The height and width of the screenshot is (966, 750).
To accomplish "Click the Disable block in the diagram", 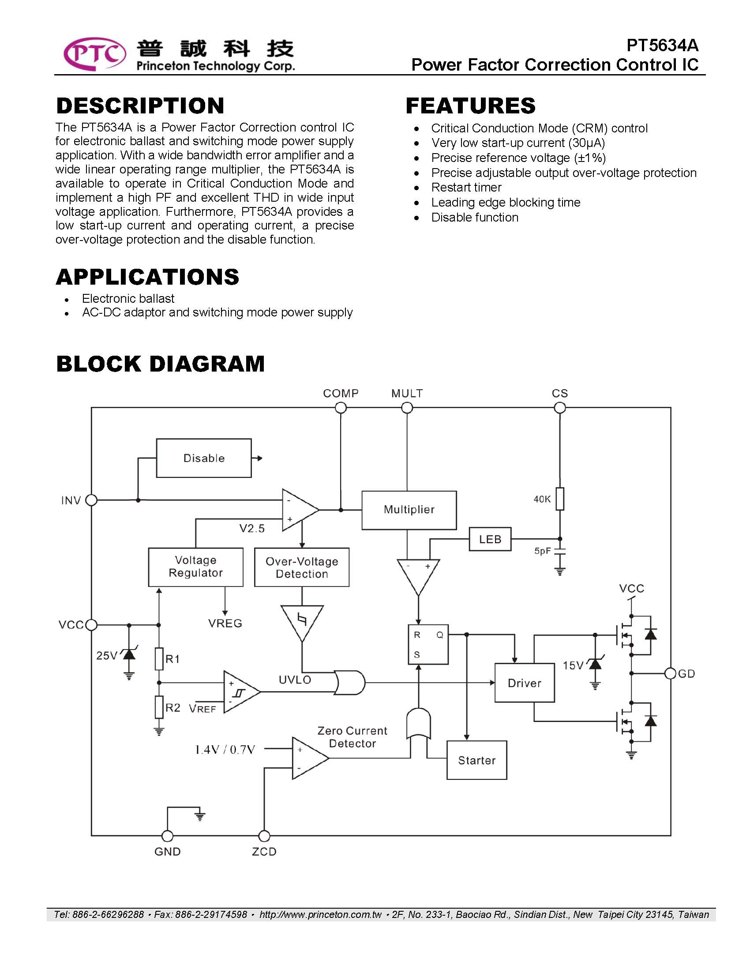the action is coord(204,458).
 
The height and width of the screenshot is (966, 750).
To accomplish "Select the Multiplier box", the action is coord(409,510).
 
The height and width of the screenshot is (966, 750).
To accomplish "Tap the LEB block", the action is coord(490,539).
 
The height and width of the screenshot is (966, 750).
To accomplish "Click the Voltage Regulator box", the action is coord(195,567).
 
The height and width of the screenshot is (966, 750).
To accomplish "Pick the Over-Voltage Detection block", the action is coord(302,567).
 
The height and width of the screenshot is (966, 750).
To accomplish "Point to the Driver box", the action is coord(525,683).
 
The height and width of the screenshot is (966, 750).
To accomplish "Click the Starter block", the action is coord(477,760).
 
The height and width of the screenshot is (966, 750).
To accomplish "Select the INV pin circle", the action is coord(91,500).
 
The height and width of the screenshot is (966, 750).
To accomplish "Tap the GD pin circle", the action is coord(671,673).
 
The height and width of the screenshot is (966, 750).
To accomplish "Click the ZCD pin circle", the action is coord(264,836).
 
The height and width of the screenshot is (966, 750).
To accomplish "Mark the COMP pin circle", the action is coord(341,407).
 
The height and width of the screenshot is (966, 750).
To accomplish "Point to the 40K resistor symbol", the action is coord(560,499).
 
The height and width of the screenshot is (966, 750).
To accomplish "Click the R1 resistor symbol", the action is coord(159,658).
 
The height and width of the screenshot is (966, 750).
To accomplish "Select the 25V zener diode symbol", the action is coord(129,653).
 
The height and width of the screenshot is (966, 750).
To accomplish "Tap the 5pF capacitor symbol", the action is coord(560,551).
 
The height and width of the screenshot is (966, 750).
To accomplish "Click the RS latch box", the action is coord(428,644).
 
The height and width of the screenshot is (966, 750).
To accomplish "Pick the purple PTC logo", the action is coord(95,54).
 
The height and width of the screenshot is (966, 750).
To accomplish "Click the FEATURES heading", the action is coord(471,106).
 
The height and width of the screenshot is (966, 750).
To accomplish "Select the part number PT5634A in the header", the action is coord(663,45).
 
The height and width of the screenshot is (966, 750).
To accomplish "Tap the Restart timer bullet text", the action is coord(466,188).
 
